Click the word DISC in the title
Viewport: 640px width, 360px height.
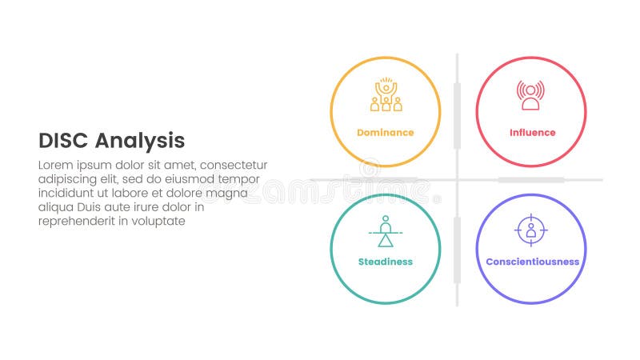[x=63, y=141]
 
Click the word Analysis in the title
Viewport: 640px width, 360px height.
[x=140, y=142]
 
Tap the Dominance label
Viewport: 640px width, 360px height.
[x=385, y=133]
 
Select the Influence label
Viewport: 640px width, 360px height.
[x=532, y=133]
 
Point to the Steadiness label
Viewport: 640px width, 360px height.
[x=386, y=262]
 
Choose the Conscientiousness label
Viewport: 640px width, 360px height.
[x=532, y=262]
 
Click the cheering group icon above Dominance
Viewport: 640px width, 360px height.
[x=386, y=95]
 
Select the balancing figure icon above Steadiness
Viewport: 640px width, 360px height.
[x=386, y=231]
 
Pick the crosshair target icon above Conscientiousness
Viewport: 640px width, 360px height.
[x=531, y=230]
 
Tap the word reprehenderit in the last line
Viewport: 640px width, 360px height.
[x=78, y=221]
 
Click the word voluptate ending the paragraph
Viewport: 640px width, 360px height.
[x=160, y=221]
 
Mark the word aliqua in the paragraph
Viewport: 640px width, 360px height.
[x=55, y=207]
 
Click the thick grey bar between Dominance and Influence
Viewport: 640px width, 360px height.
[x=458, y=115]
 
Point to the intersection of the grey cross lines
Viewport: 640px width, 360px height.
[x=458, y=180]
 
